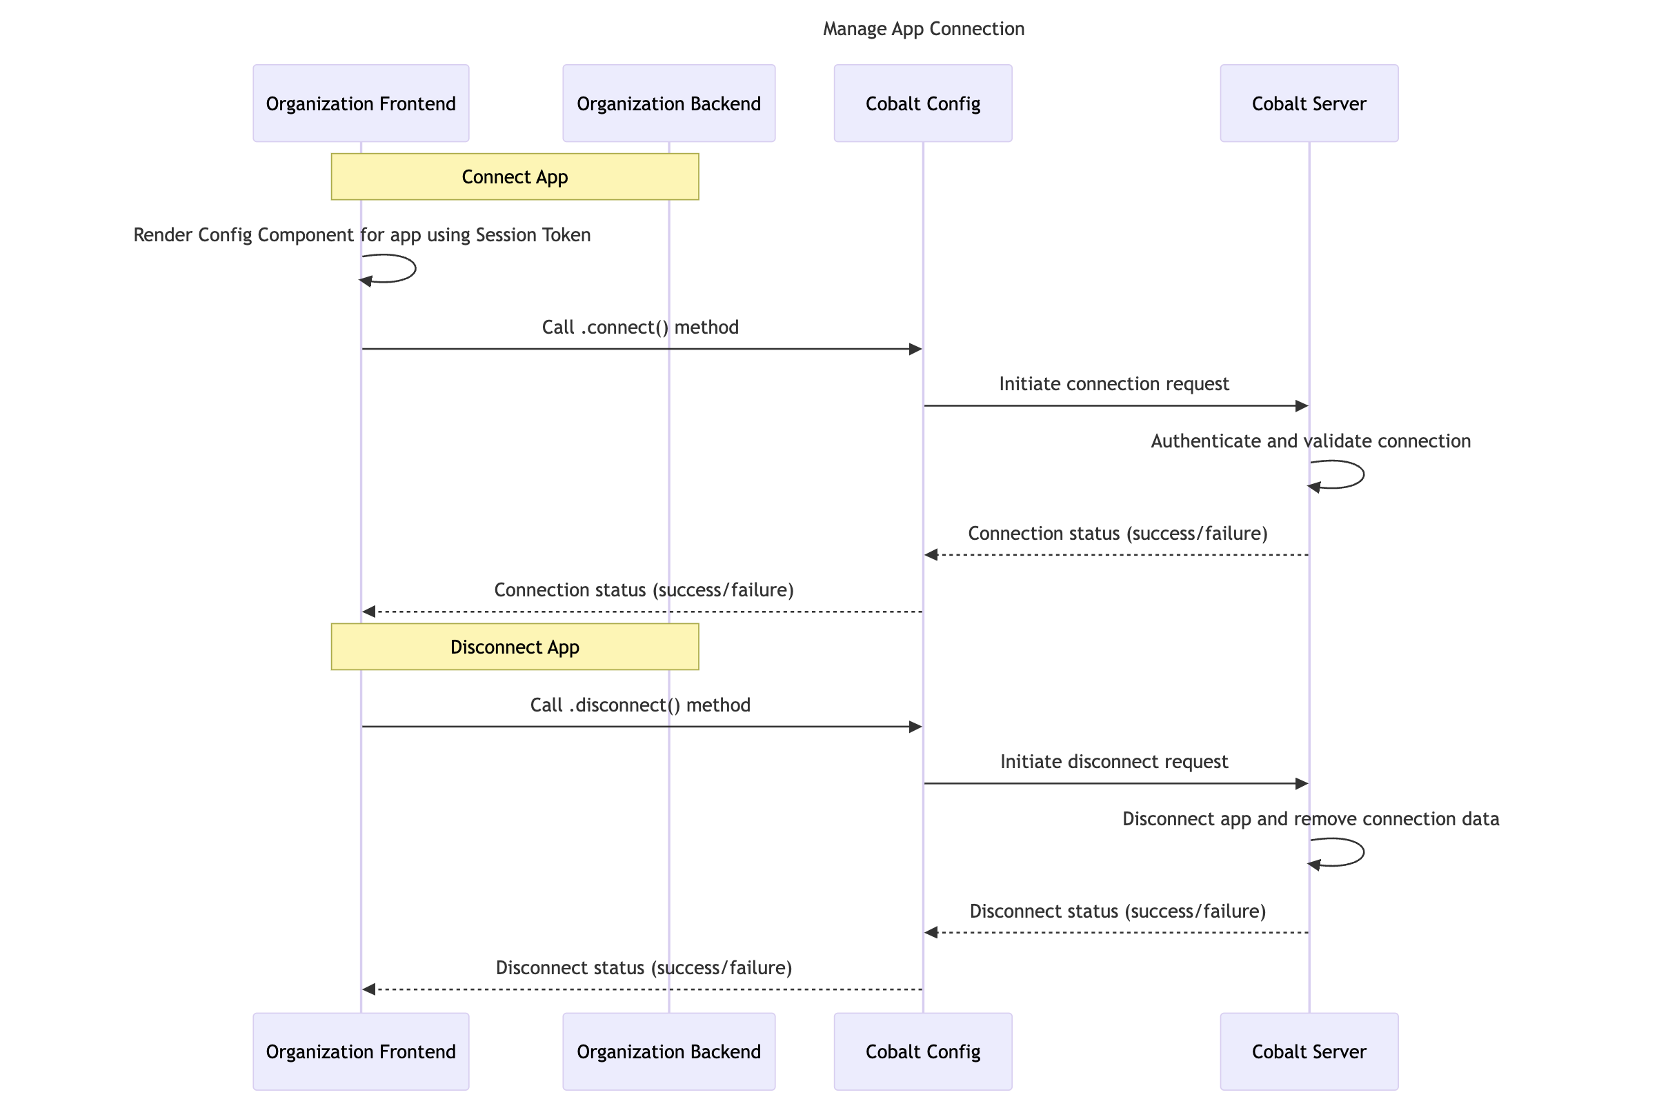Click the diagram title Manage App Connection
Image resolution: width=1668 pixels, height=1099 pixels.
pyautogui.click(x=923, y=29)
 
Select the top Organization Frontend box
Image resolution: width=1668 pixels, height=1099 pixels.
pyautogui.click(x=360, y=103)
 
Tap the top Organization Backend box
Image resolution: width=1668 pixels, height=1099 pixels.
pyautogui.click(x=668, y=103)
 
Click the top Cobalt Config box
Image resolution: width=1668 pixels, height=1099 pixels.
pyautogui.click(x=923, y=103)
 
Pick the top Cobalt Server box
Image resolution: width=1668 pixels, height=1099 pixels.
pyautogui.click(x=1309, y=103)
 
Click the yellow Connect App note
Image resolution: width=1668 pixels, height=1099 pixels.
pyautogui.click(x=515, y=177)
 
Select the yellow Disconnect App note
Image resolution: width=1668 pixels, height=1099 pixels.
pyautogui.click(x=515, y=647)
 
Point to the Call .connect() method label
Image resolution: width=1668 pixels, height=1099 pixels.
pyautogui.click(x=640, y=327)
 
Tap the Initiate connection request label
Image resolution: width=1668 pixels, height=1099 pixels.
pyautogui.click(x=1113, y=384)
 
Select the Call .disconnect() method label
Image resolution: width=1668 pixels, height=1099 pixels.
pyautogui.click(x=640, y=705)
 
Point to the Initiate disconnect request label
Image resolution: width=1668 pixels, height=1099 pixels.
pyautogui.click(x=1113, y=762)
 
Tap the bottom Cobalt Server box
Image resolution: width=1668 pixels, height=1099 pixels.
pyautogui.click(x=1309, y=1051)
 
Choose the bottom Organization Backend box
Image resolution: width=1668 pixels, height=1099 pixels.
pyautogui.click(x=668, y=1051)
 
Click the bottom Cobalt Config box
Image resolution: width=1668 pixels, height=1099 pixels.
pyautogui.click(x=923, y=1051)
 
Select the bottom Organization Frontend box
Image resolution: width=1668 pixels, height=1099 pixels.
pyautogui.click(x=360, y=1051)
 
